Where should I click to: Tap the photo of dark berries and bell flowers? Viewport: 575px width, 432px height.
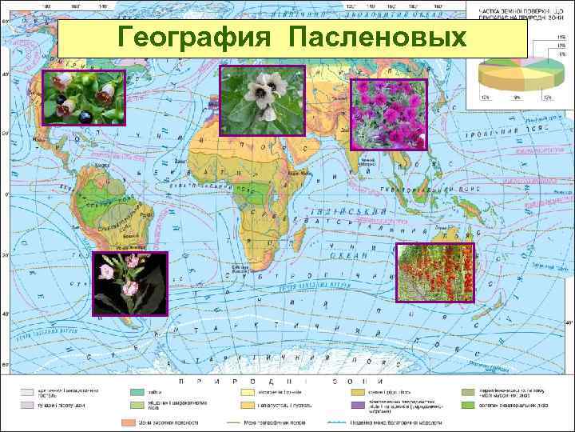pos(85,98)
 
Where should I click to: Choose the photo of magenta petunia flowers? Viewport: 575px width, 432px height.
pos(390,114)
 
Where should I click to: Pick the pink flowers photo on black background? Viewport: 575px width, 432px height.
pos(129,284)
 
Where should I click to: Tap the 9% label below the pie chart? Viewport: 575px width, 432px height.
pos(518,97)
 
